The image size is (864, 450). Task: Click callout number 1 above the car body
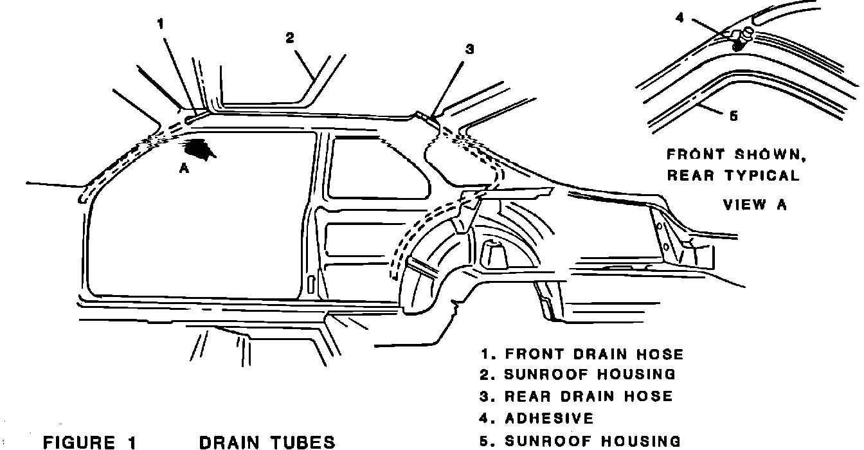click(x=160, y=24)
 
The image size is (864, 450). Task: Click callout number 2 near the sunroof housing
click(x=290, y=38)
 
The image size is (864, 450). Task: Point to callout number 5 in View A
click(x=734, y=116)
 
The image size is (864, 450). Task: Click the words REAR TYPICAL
click(x=733, y=175)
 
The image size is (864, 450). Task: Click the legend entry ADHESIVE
click(x=549, y=419)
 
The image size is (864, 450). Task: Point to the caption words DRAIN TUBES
click(x=267, y=442)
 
